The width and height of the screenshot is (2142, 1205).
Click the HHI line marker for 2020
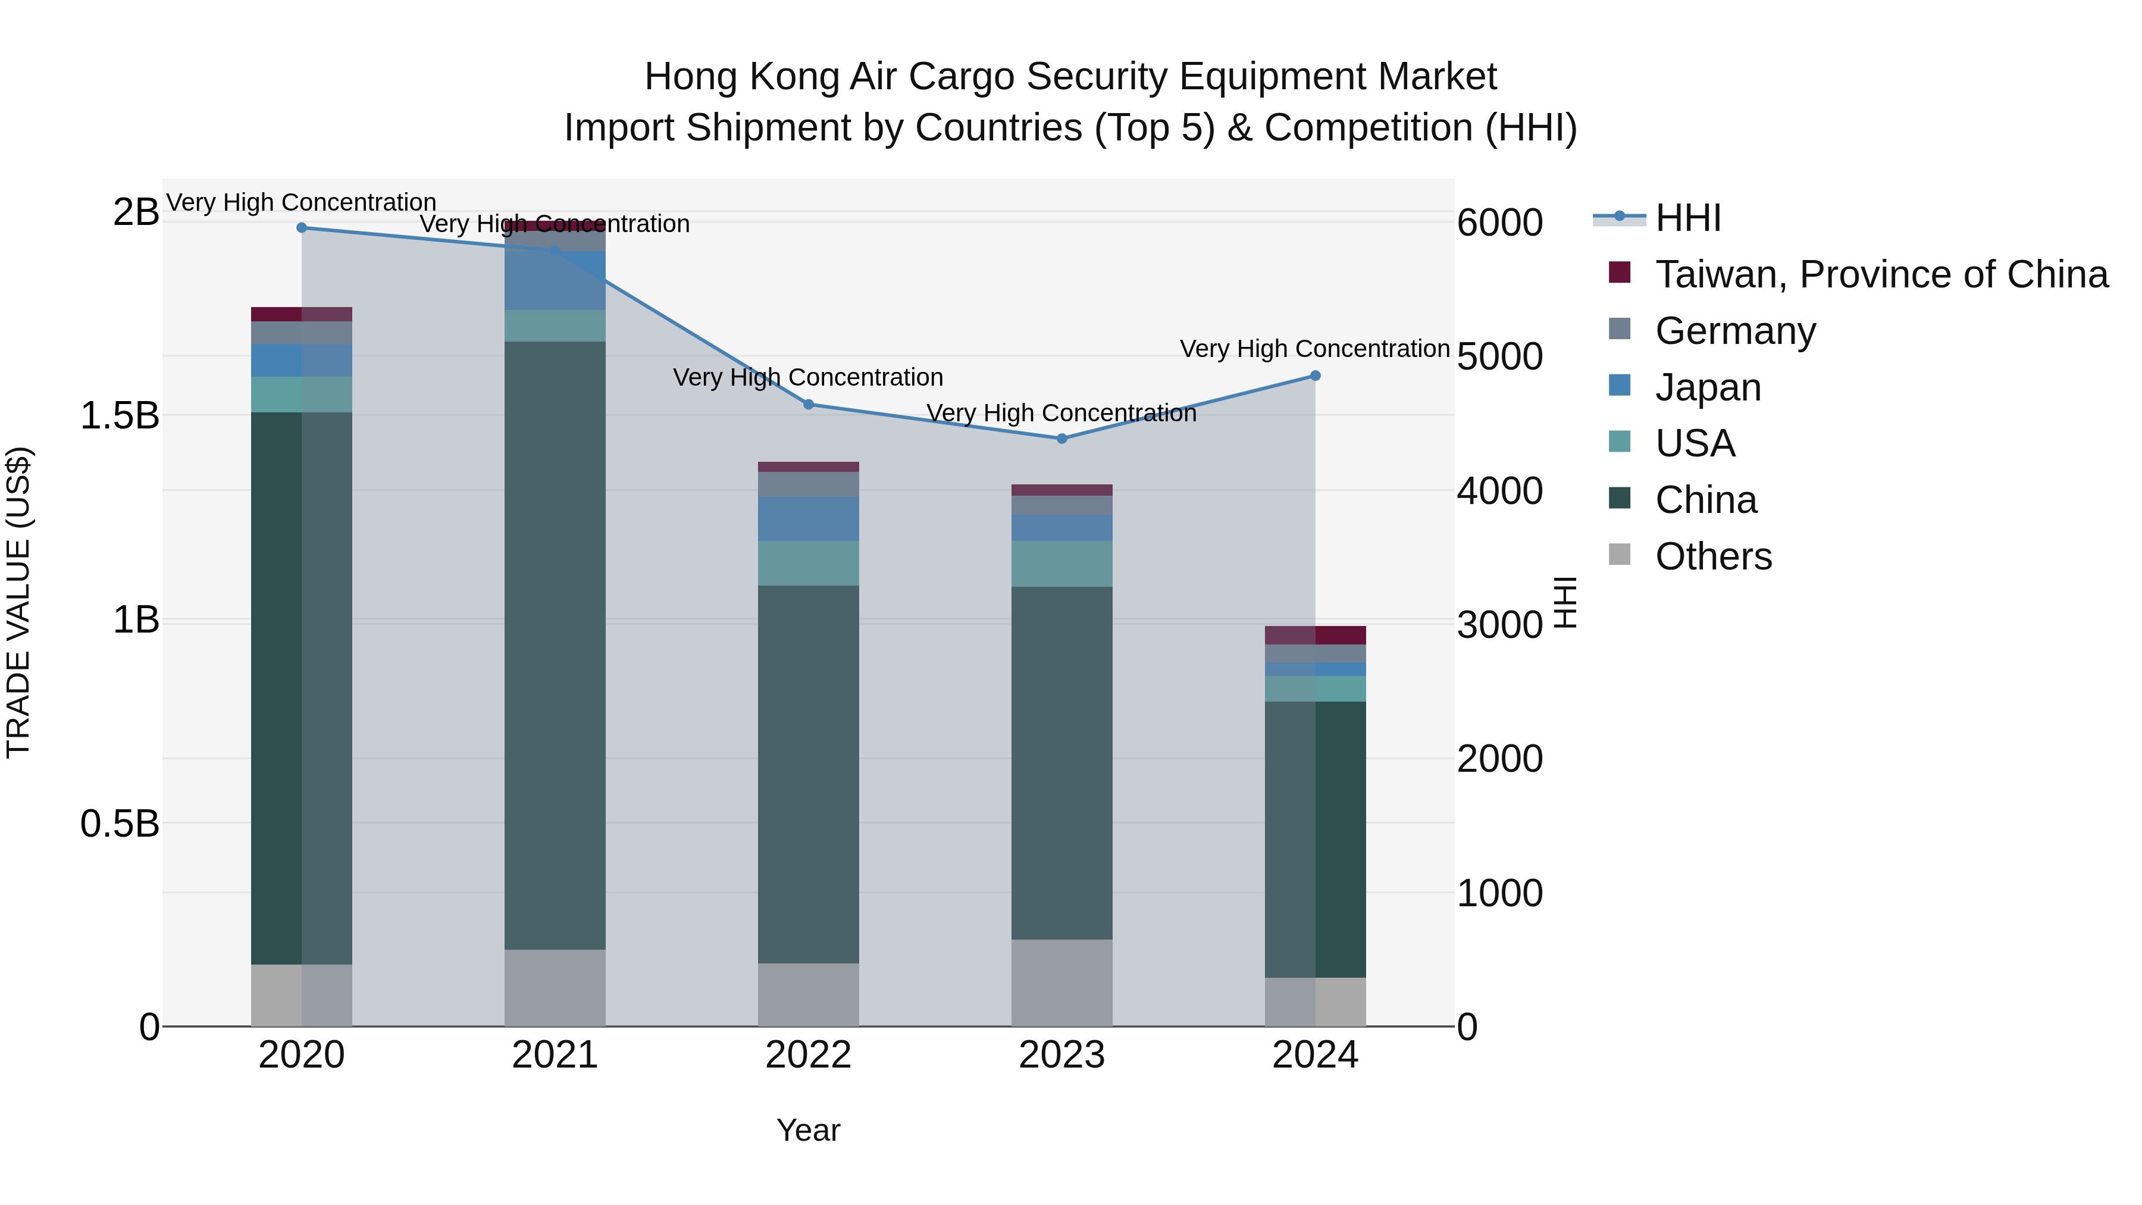point(302,228)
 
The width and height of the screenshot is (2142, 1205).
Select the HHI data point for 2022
point(808,405)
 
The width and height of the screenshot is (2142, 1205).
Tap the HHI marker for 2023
point(1062,439)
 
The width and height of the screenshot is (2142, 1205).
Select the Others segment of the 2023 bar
point(1062,983)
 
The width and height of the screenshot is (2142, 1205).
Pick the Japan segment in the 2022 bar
point(808,519)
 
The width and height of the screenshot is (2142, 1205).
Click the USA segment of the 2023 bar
point(1062,564)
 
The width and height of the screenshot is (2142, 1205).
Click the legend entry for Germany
point(1736,331)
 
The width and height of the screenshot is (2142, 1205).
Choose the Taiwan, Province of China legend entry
point(1881,274)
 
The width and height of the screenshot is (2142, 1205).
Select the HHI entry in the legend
point(1688,218)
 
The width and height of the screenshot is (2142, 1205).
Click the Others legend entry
point(1713,556)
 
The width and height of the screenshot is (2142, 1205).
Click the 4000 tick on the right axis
point(1500,491)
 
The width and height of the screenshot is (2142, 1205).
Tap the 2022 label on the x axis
point(808,1055)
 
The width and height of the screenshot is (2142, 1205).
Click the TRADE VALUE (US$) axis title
point(19,602)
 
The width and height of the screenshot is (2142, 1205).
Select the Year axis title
point(808,1130)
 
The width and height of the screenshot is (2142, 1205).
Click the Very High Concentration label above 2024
point(1314,349)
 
